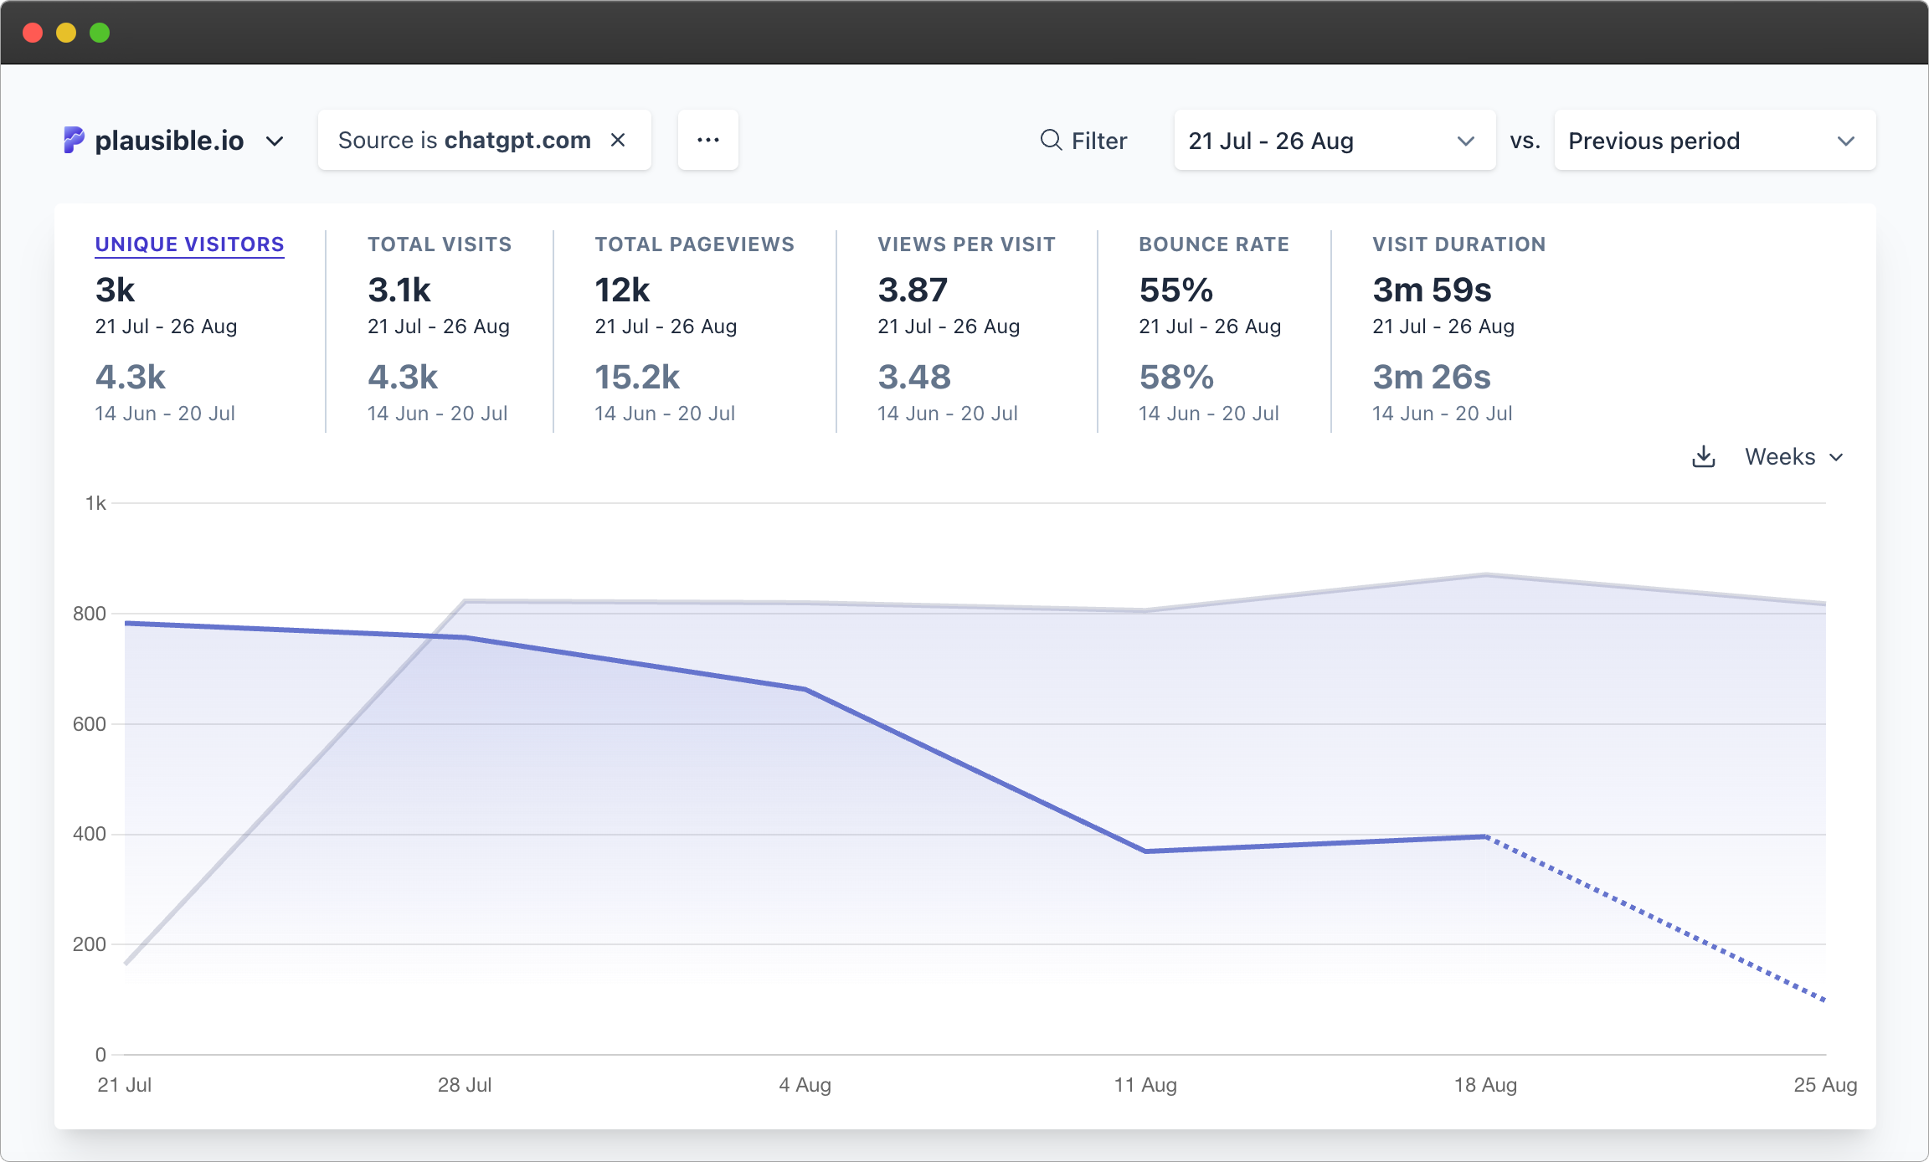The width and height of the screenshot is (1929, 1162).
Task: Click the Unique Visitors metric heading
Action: [189, 244]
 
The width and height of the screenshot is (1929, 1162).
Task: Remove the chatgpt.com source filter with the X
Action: [618, 140]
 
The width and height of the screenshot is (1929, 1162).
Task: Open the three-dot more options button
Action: [707, 140]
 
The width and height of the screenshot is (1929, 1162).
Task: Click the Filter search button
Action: [1083, 141]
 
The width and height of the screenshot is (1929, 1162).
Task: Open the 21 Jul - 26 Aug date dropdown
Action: [1334, 141]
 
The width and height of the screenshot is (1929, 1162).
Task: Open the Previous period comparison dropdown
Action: [1714, 141]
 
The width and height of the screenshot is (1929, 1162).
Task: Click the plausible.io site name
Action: [170, 141]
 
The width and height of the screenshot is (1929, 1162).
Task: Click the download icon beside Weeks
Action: [1703, 457]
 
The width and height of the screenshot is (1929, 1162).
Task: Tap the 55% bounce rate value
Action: [1175, 290]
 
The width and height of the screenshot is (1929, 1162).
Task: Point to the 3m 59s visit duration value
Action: [1432, 290]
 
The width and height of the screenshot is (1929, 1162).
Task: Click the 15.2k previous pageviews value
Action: [636, 378]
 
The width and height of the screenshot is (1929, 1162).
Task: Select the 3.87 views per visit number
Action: [912, 290]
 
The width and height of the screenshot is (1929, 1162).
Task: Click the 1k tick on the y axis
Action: [95, 503]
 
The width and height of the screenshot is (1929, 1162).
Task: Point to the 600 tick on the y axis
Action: [90, 724]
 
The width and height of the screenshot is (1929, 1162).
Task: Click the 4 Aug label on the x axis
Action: [805, 1085]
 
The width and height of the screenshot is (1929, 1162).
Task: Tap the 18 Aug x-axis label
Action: [1485, 1085]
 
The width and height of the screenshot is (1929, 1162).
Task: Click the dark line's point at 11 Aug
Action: [1145, 851]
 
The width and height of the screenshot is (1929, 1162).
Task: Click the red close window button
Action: [33, 33]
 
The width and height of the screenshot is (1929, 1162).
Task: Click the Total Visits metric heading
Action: [440, 244]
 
